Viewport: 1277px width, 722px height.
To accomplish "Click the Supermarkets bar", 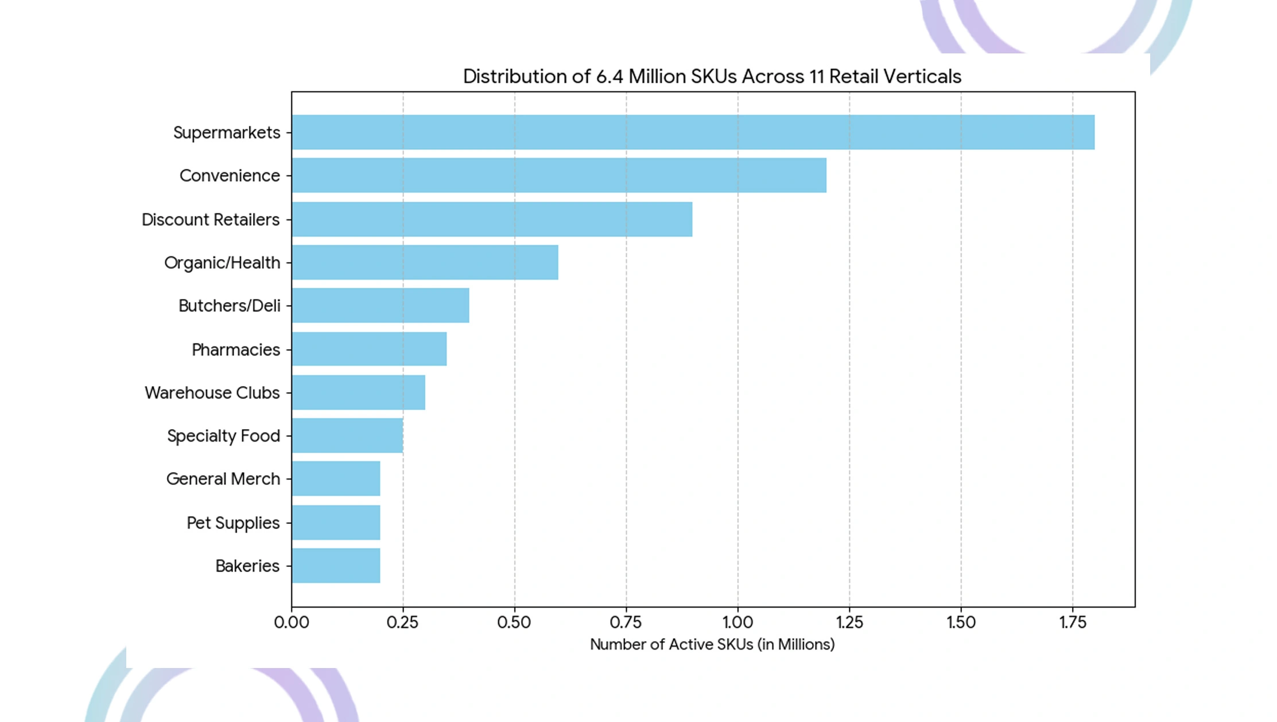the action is click(x=693, y=132).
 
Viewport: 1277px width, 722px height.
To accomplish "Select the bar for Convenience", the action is click(x=559, y=175).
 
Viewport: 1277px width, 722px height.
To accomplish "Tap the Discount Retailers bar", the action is click(x=492, y=219).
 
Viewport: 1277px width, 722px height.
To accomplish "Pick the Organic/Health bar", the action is click(x=425, y=262).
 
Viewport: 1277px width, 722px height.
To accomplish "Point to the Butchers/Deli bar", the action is click(x=381, y=305).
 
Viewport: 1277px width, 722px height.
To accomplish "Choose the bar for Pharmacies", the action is click(x=369, y=349).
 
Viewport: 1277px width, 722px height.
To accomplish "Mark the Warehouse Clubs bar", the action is click(x=358, y=392).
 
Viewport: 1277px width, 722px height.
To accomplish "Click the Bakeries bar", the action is click(x=336, y=566).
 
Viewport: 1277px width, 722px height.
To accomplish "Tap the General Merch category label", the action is click(x=223, y=479).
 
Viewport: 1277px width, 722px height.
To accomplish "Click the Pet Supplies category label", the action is click(x=233, y=523).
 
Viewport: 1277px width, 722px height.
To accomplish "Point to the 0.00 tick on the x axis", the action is click(x=292, y=622).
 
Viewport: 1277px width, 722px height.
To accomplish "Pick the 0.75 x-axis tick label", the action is click(x=626, y=622).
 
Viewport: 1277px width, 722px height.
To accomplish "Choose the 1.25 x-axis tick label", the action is click(x=849, y=622).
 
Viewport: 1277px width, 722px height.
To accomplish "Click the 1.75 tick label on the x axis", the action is click(x=1073, y=622).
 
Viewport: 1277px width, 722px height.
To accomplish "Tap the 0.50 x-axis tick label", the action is click(x=514, y=622).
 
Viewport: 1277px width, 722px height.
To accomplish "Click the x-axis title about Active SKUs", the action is click(x=712, y=644).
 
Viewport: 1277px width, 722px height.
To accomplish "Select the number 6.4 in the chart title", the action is click(x=610, y=76).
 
